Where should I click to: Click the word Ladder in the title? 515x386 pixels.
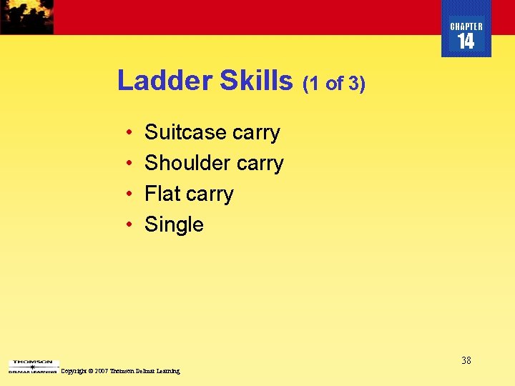(x=165, y=80)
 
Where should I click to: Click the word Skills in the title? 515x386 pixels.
(x=257, y=80)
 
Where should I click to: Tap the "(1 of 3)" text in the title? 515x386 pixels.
(x=334, y=84)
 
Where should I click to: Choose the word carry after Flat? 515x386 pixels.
(x=210, y=195)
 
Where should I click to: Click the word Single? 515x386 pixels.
(x=174, y=225)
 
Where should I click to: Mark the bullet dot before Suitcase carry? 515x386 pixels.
(x=127, y=133)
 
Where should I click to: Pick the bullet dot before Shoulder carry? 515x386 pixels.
(x=127, y=164)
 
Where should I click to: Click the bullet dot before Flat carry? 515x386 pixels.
(x=127, y=194)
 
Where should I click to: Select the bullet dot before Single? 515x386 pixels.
(x=127, y=225)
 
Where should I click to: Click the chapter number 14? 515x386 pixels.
(x=466, y=42)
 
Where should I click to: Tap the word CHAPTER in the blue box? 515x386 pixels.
(x=466, y=26)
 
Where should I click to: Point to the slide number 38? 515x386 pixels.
(x=466, y=360)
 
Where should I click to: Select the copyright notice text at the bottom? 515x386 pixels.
(x=120, y=371)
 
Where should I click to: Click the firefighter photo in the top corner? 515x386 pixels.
(x=26, y=16)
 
